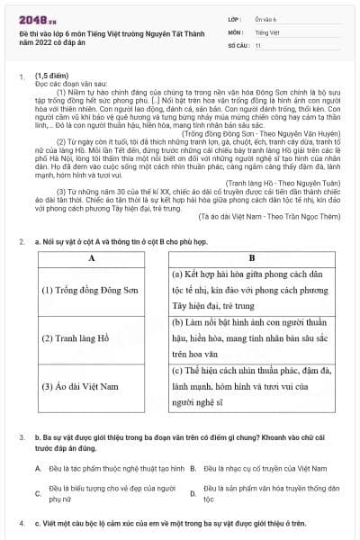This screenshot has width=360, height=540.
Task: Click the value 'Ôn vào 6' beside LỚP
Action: pos(266,17)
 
